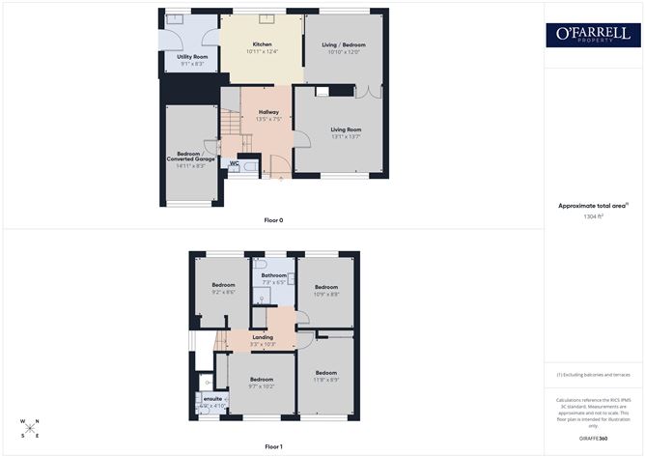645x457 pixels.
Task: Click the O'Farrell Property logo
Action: (x=593, y=35)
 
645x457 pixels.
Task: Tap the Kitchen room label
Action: (x=263, y=45)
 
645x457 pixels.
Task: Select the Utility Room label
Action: (x=192, y=57)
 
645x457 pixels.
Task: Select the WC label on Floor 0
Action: (x=234, y=162)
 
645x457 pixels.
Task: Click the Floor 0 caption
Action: (x=273, y=220)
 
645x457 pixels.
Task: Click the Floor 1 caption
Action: (x=273, y=446)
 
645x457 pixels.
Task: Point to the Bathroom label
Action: (x=272, y=275)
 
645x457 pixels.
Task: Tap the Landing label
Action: (x=263, y=337)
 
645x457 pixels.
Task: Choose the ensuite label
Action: (x=213, y=398)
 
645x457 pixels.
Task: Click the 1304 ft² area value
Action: (x=593, y=216)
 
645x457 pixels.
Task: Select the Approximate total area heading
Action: (x=591, y=205)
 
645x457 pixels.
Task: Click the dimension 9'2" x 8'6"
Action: (x=224, y=292)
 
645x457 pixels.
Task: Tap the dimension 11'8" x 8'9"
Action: (x=325, y=380)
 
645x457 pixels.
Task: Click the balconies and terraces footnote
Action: (x=593, y=374)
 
